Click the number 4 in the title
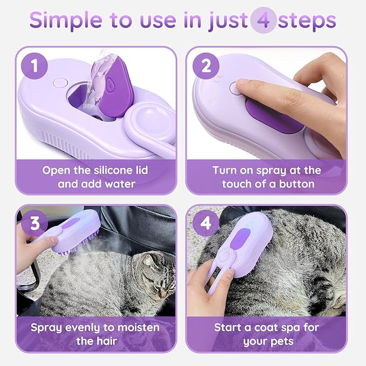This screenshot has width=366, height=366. click(264, 21)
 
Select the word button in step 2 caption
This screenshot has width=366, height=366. click(298, 184)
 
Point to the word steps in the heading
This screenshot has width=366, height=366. click(309, 21)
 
